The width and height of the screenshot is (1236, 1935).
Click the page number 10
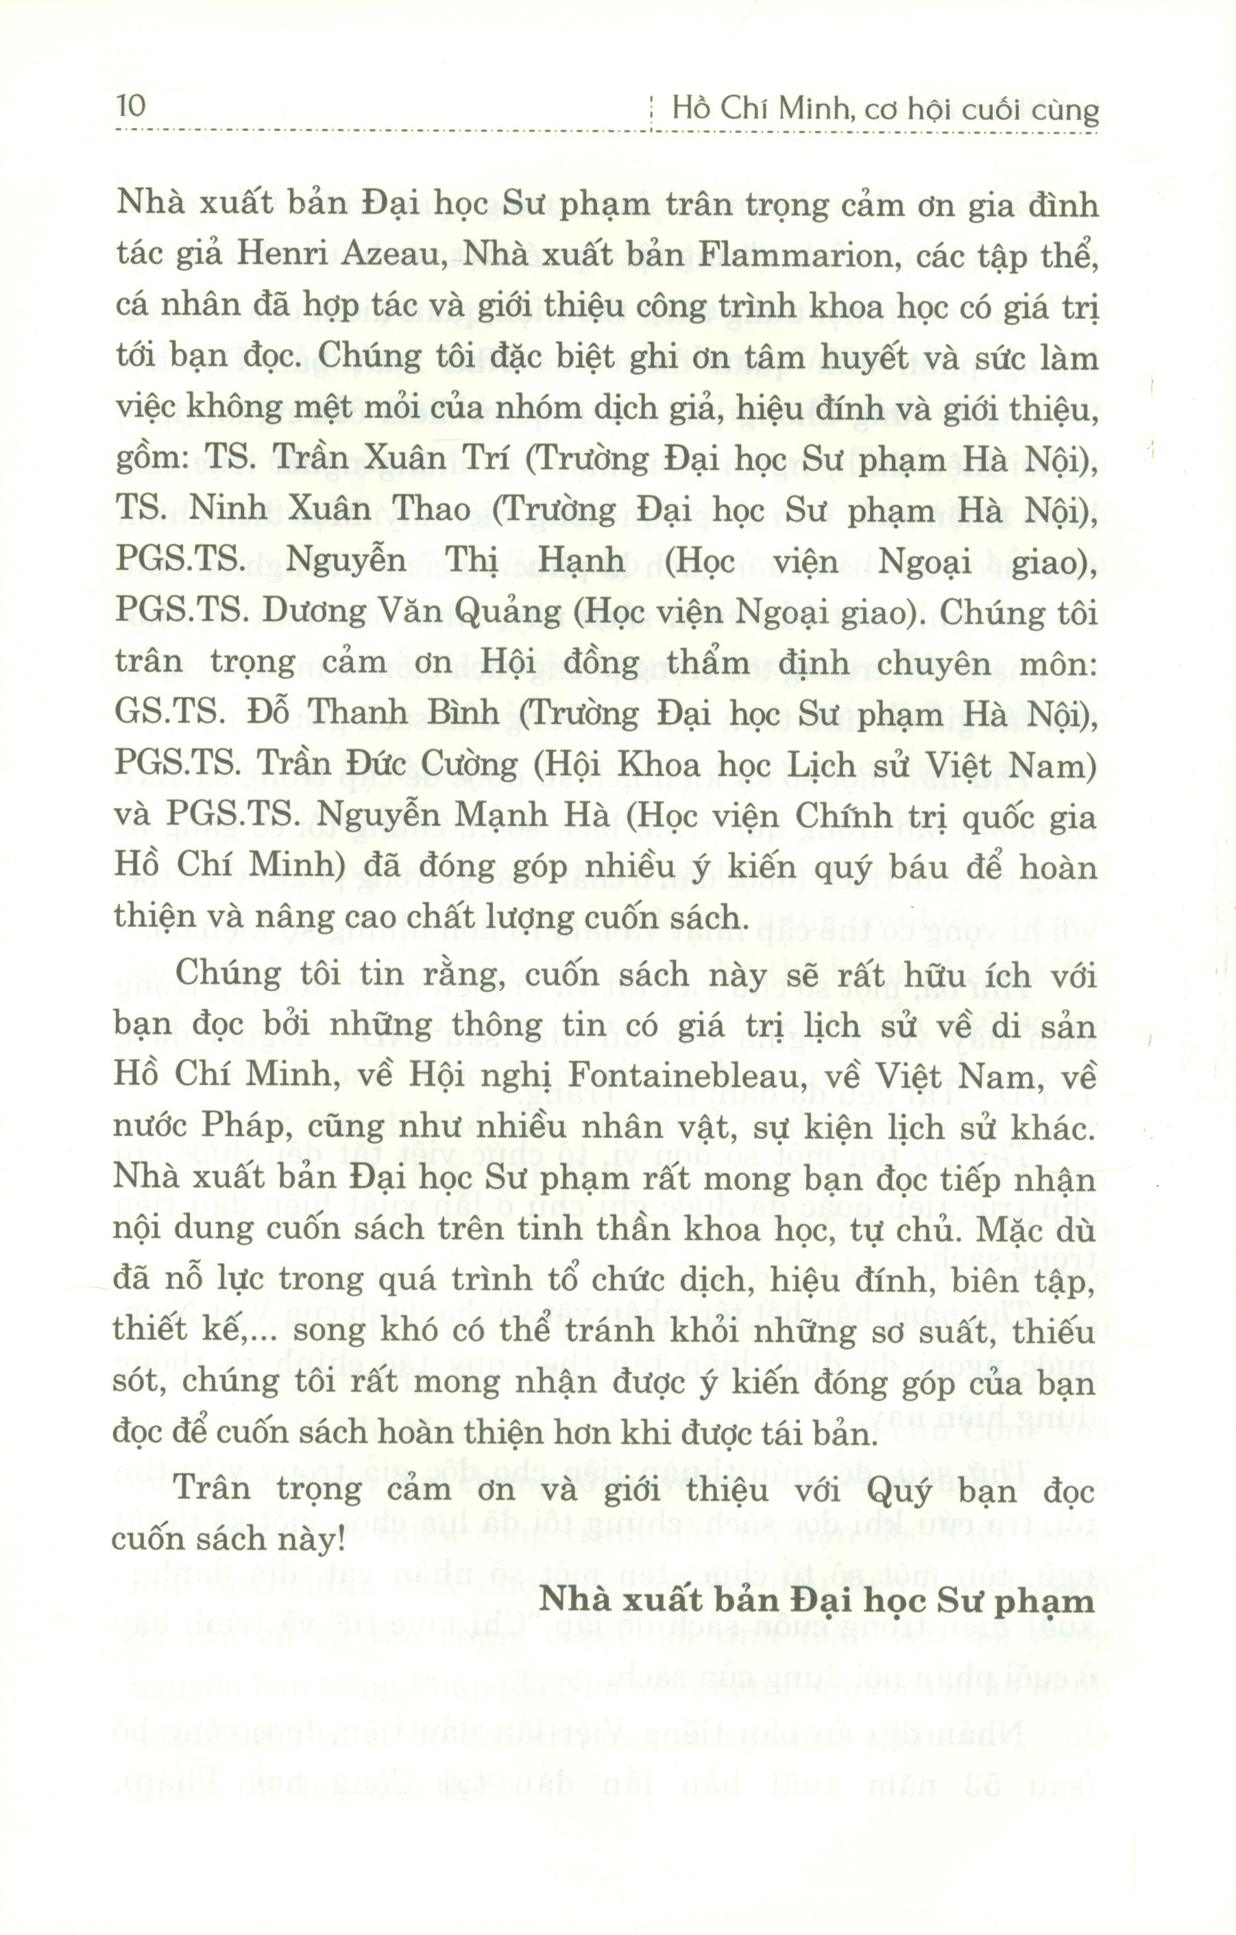pyautogui.click(x=131, y=106)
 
